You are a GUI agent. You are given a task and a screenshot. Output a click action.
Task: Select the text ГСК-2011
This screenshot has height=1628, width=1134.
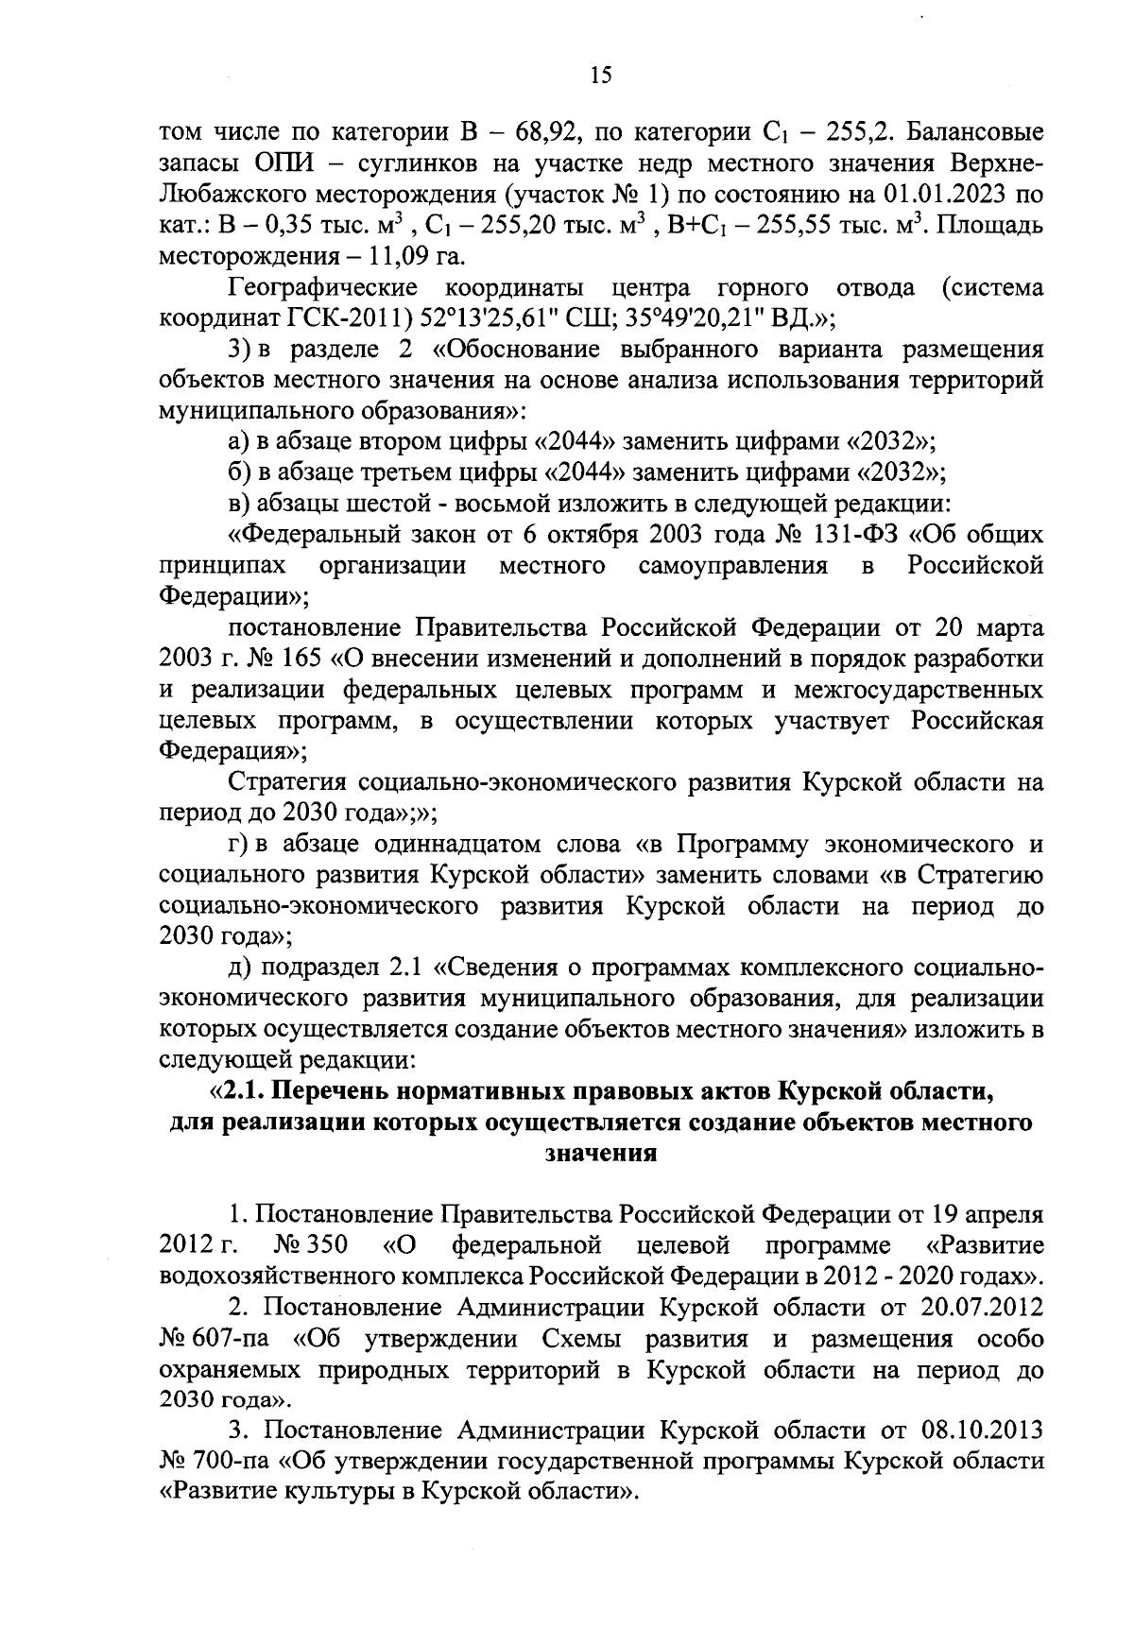pos(300,319)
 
